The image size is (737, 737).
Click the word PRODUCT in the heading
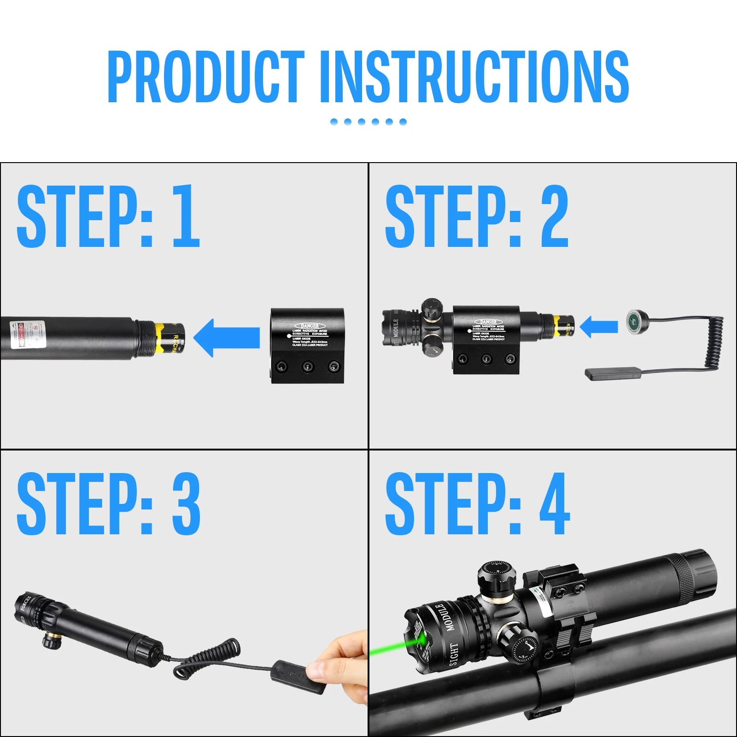coord(205,77)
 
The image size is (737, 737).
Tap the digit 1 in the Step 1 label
coord(186,216)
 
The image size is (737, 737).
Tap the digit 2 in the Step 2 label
coord(555,216)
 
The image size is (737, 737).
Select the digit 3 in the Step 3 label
coord(186,504)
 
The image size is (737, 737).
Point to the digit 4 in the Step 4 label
coord(555,504)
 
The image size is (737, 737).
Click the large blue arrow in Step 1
coord(227,338)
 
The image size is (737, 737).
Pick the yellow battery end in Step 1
coord(170,338)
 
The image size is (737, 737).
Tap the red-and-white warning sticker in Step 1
coord(28,334)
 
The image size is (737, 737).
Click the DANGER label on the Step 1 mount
coord(310,326)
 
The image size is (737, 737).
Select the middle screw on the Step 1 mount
coord(307,367)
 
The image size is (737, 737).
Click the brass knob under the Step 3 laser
coord(52,641)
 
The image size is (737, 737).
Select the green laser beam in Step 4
coord(392,648)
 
